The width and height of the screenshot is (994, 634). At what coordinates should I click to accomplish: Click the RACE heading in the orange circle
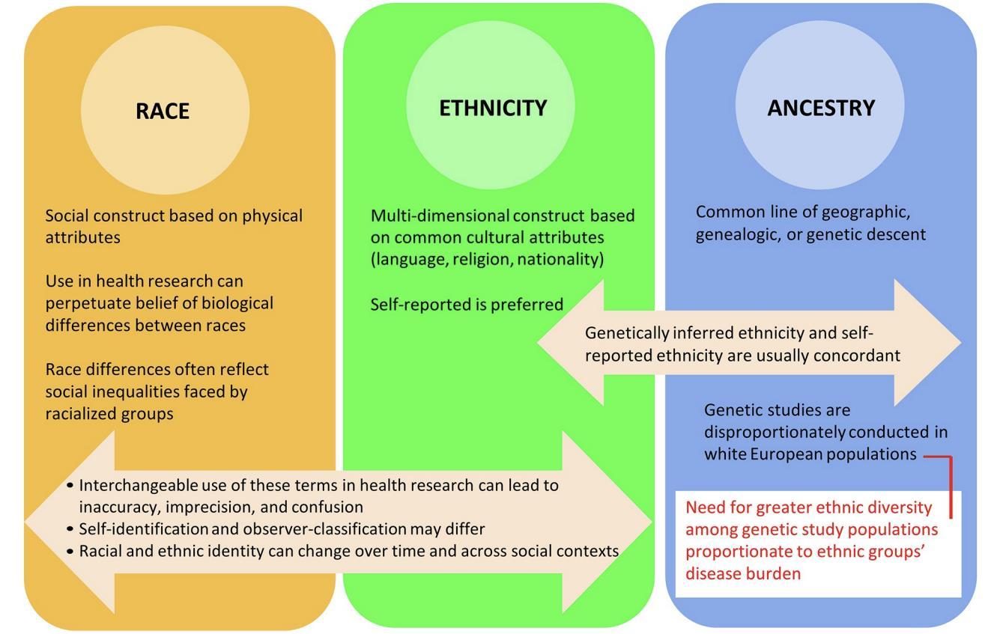pos(163,111)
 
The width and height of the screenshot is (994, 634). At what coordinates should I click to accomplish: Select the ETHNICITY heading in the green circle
pos(493,108)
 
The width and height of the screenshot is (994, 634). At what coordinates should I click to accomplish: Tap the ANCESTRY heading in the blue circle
pos(821,108)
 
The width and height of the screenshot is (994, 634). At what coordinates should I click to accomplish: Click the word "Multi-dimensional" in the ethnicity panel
pos(440,216)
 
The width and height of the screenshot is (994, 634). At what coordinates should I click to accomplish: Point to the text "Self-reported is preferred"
pos(467,305)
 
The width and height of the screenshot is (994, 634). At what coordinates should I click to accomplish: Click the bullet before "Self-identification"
pos(70,529)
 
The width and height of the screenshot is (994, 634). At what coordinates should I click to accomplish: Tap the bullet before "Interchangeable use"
pos(70,485)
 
